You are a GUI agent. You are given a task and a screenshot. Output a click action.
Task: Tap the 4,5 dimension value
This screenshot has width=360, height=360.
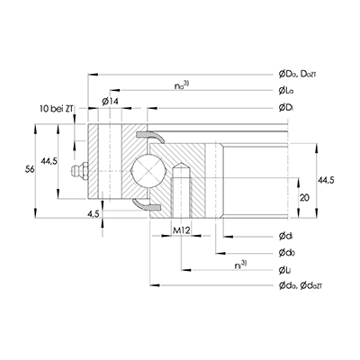click(94, 215)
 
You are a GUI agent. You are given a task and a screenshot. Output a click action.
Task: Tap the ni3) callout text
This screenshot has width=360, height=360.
click(238, 265)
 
